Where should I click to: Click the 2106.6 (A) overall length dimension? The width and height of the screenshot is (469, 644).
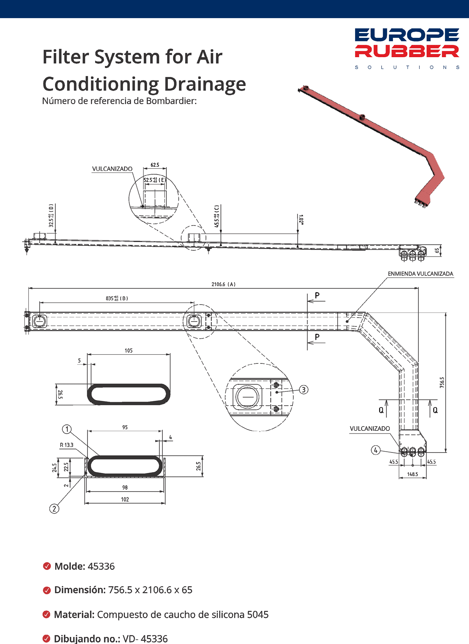[x=223, y=284]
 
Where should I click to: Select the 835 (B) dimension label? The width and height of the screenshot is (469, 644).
[x=117, y=298]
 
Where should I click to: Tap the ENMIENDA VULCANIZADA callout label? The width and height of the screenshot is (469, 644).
[x=420, y=274]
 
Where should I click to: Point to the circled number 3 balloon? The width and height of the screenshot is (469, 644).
[x=303, y=389]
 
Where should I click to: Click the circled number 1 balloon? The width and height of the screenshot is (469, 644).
[x=67, y=429]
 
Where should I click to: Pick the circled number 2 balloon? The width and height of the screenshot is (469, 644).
[x=54, y=508]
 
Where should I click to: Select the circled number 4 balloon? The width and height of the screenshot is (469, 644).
[x=376, y=450]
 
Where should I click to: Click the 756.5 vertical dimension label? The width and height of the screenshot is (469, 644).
[x=442, y=382]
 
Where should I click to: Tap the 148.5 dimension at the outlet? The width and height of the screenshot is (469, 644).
[x=412, y=474]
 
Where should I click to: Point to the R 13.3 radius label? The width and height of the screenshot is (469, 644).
[x=67, y=445]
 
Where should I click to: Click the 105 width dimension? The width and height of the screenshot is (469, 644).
[x=128, y=350]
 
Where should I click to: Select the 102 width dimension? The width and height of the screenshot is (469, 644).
[x=125, y=499]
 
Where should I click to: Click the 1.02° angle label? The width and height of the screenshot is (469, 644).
[x=301, y=220]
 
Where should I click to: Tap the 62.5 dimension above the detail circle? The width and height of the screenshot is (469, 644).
[x=155, y=165]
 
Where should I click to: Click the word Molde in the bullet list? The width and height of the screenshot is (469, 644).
[x=70, y=566]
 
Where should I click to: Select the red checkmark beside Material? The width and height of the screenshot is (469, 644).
[x=47, y=614]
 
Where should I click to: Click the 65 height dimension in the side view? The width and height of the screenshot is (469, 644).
[x=437, y=251]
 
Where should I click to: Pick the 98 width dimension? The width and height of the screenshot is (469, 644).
[x=125, y=488]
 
